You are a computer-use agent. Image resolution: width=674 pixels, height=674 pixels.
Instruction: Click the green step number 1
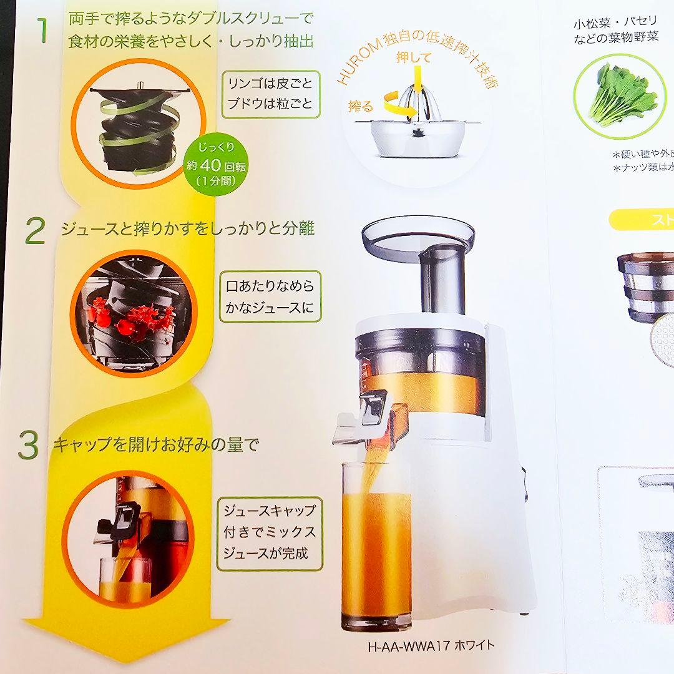click(x=41, y=31)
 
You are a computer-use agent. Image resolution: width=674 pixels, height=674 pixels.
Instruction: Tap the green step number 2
click(x=35, y=230)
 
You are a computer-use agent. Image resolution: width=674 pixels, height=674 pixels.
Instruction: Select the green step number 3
click(x=28, y=445)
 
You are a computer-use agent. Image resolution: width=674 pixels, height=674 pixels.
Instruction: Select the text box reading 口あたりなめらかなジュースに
click(x=270, y=296)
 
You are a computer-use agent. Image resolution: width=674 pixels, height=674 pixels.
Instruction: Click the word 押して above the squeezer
click(x=414, y=57)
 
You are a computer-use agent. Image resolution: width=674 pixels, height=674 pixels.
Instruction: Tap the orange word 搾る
click(x=360, y=105)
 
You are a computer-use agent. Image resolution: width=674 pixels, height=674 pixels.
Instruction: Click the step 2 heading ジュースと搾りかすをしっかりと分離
click(x=187, y=228)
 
